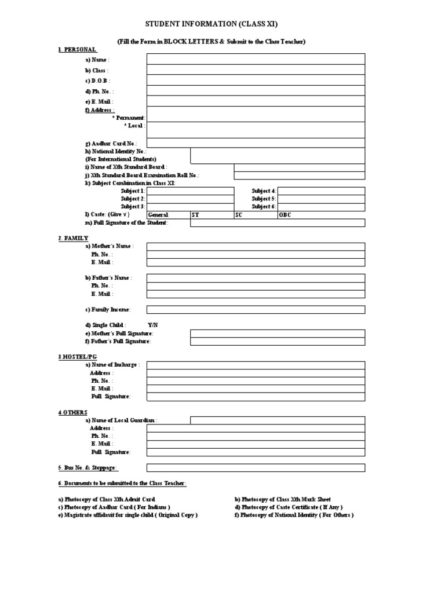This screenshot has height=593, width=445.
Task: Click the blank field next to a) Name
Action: [256, 59]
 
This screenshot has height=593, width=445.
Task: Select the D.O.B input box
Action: [256, 80]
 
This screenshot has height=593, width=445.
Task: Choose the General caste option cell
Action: [168, 214]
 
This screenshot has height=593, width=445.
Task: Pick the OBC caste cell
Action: [321, 214]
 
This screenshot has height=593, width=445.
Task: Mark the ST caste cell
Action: [211, 214]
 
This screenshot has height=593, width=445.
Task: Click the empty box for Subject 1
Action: [190, 191]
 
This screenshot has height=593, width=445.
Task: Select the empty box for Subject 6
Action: [321, 206]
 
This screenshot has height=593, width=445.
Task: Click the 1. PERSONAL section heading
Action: [77, 50]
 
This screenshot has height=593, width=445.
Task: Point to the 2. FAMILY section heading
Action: [73, 238]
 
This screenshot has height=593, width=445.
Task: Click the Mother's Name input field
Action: [256, 246]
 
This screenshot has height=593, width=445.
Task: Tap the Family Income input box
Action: [256, 309]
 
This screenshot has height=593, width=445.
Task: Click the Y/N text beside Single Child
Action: [152, 325]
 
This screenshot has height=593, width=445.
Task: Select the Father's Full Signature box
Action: [278, 342]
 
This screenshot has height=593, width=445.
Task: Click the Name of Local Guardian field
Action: [278, 420]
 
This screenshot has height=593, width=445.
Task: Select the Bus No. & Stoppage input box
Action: [256, 467]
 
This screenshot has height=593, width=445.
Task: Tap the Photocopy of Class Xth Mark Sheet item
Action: [283, 499]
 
